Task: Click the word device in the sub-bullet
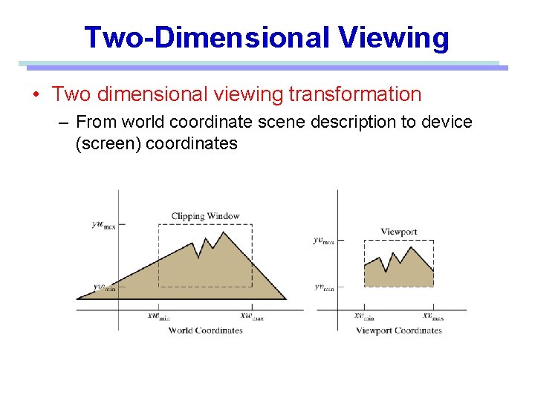(447, 121)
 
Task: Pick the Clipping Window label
(205, 216)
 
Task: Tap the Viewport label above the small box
(398, 232)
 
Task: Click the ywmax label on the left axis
(103, 225)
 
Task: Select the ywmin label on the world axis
(104, 287)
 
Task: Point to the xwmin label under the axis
(158, 316)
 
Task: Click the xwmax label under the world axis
(251, 316)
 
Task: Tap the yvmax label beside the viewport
(323, 240)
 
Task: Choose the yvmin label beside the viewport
(323, 287)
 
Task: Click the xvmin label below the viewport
(363, 316)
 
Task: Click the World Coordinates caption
(205, 330)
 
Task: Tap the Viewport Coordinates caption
(399, 330)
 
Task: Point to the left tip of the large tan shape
(77, 299)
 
